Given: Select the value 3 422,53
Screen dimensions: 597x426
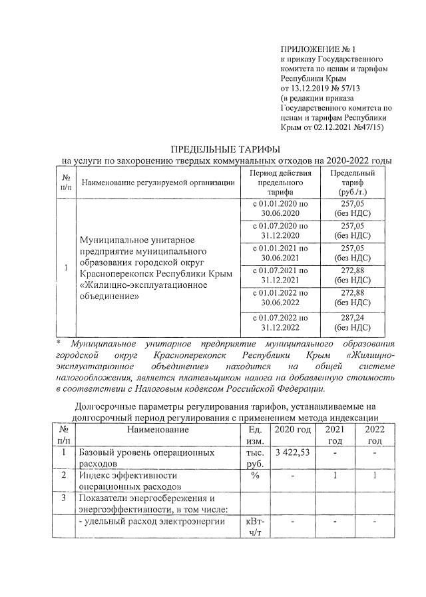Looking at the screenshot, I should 293,453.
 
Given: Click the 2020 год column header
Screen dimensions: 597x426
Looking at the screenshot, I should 293,430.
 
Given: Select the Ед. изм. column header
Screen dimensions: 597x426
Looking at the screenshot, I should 253,436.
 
